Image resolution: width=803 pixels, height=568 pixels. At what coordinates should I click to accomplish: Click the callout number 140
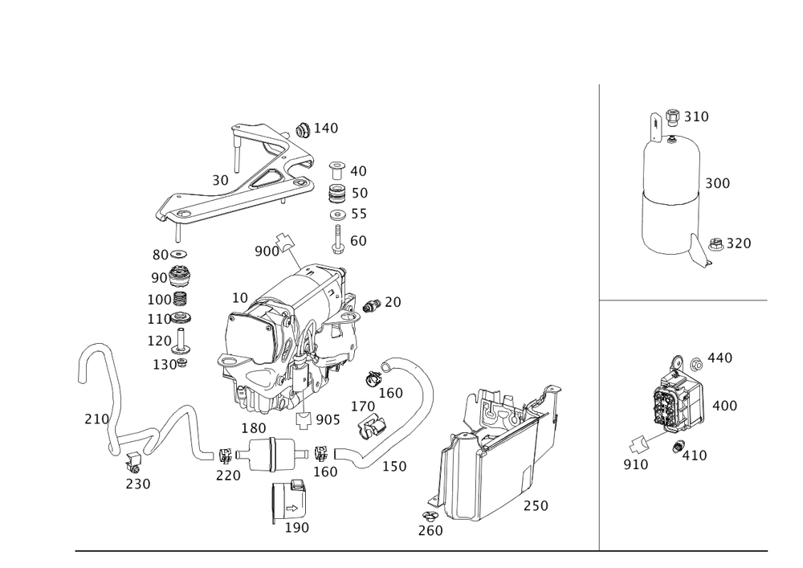pyautogui.click(x=326, y=128)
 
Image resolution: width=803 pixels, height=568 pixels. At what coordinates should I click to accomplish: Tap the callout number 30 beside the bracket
pyautogui.click(x=220, y=181)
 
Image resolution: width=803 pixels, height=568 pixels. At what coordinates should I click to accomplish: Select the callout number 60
pyautogui.click(x=358, y=239)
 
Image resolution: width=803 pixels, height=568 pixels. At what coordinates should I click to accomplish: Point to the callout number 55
pyautogui.click(x=358, y=215)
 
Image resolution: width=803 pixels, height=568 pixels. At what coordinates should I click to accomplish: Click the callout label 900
pyautogui.click(x=266, y=251)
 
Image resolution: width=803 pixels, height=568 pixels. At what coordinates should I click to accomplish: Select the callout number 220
pyautogui.click(x=227, y=475)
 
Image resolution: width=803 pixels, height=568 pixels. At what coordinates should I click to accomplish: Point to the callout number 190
pyautogui.click(x=296, y=527)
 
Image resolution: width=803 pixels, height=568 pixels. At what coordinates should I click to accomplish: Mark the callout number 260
pyautogui.click(x=430, y=530)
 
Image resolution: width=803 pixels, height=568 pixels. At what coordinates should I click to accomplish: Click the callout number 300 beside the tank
pyautogui.click(x=717, y=183)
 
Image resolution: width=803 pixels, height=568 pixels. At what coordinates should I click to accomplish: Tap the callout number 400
pyautogui.click(x=724, y=406)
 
